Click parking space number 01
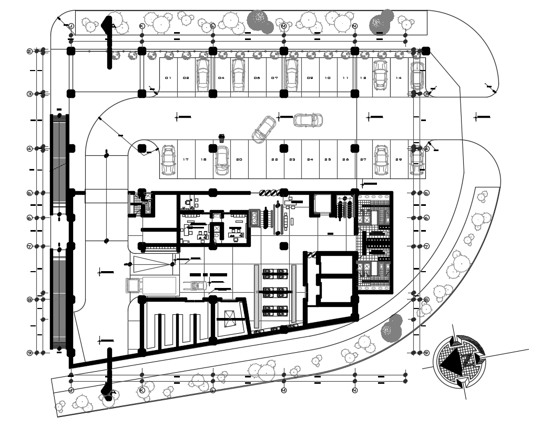click(168, 78)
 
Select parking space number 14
click(399, 78)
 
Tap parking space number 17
click(186, 159)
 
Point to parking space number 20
click(239, 159)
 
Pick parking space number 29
click(399, 159)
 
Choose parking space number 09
click(310, 78)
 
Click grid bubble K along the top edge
click(141, 26)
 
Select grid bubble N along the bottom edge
click(355, 391)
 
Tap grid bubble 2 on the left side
click(29, 51)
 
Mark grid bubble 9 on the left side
click(29, 353)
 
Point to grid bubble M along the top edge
click(284, 26)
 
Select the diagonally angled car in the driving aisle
click(264, 129)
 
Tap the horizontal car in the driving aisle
click(308, 120)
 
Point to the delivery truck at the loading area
click(151, 285)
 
